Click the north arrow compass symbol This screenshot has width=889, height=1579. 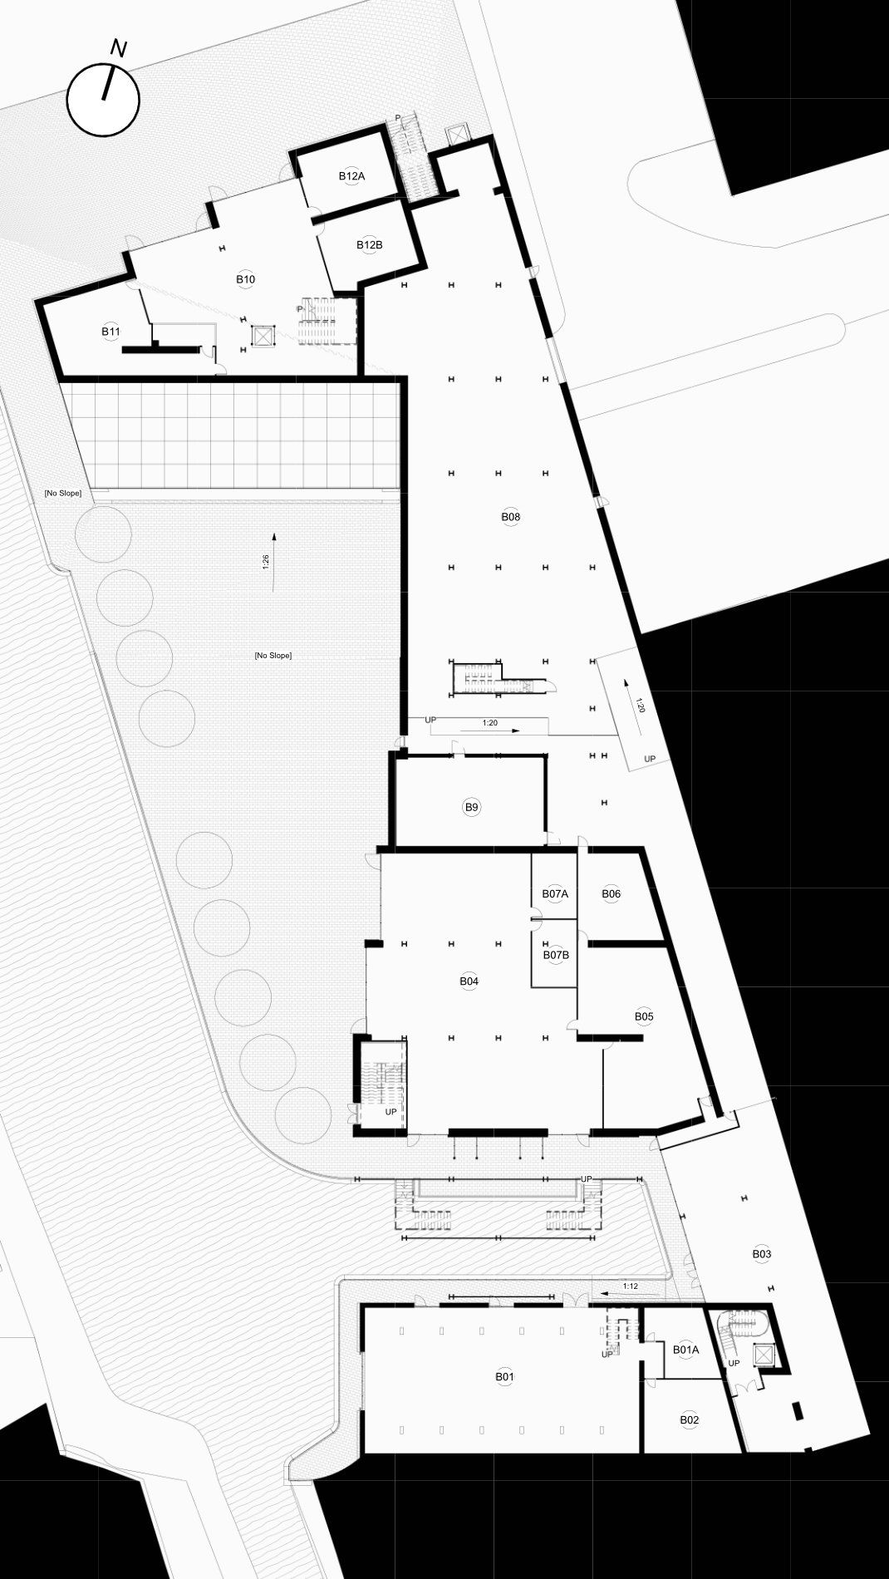pos(103,98)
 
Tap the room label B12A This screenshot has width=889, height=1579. pos(351,176)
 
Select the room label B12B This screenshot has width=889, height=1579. pos(369,245)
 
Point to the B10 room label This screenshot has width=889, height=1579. pos(245,279)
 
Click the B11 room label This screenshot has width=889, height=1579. pos(111,332)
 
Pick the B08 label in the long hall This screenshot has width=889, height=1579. pos(510,517)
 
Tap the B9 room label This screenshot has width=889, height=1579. pos(472,807)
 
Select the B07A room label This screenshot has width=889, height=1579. pos(555,894)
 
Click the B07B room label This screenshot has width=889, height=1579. pos(556,955)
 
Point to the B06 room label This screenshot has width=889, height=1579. pos(611,894)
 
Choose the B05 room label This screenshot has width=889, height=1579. pos(644,1016)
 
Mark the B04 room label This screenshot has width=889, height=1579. pos(469,981)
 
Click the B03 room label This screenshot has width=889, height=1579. pos(762,1254)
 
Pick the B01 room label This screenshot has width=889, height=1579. pos(504,1377)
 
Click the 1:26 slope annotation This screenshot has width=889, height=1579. pos(265,562)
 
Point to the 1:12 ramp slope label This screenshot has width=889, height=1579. pos(631,1287)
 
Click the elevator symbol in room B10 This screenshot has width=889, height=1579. pos(263,337)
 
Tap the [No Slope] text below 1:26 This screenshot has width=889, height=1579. pos(273,656)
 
